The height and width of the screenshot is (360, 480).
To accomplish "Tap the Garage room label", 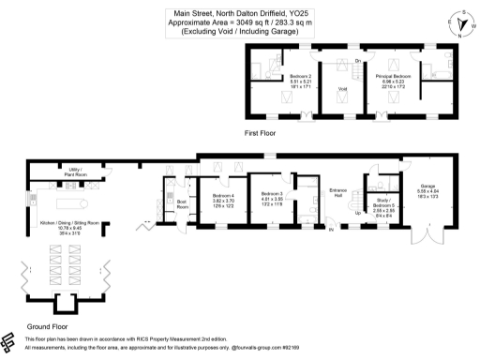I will coord(427,185).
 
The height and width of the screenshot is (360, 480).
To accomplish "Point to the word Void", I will coord(343,88).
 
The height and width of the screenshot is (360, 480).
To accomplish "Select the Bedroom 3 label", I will coord(273,193).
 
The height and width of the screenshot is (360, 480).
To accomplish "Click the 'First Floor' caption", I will coord(260,134).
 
